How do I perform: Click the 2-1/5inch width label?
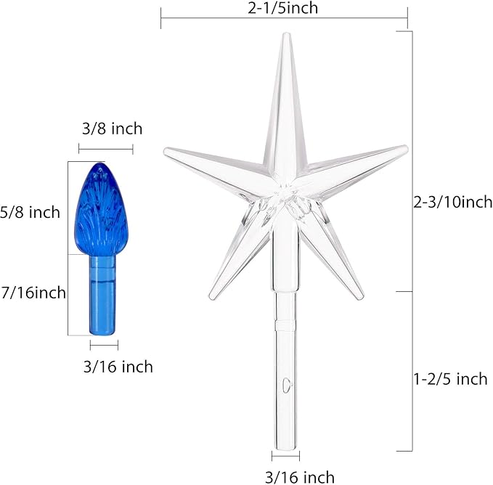[282, 8]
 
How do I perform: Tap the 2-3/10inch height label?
[453, 202]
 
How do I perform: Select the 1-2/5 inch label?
[450, 379]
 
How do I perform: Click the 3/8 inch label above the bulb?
[113, 129]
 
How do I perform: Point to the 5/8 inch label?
[30, 212]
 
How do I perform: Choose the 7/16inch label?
[33, 293]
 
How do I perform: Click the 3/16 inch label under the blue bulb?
[118, 367]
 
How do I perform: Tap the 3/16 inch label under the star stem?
[300, 478]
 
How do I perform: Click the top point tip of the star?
[286, 33]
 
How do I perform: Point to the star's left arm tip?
[165, 151]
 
